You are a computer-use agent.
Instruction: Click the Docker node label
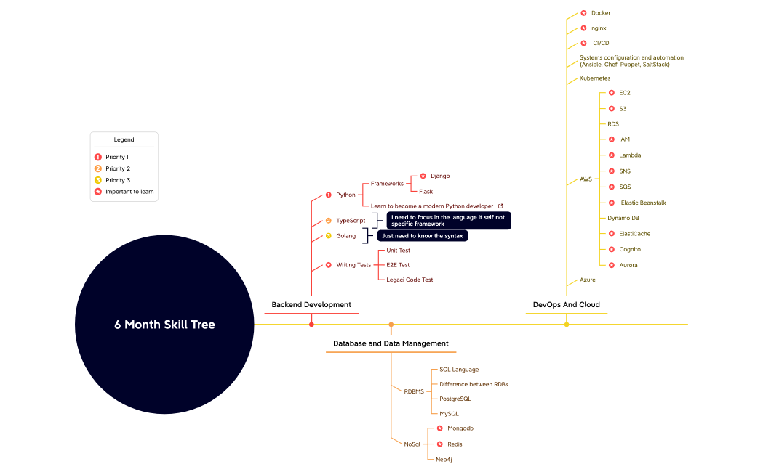[601, 13]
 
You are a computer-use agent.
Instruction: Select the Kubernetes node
[595, 78]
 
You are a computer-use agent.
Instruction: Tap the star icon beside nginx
[583, 28]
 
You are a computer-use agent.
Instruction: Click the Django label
[440, 176]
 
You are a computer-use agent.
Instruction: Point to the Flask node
[426, 192]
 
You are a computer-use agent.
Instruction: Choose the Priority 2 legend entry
[117, 168]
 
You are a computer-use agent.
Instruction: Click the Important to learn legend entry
[129, 192]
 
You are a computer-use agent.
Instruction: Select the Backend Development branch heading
[311, 305]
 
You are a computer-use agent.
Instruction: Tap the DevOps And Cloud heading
[567, 305]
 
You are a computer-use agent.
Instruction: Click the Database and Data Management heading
[391, 343]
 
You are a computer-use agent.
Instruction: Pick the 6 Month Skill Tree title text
[164, 325]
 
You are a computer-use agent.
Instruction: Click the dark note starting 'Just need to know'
[423, 236]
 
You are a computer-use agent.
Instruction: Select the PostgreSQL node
[455, 399]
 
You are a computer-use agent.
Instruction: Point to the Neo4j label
[444, 459]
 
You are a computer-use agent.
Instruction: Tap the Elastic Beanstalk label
[643, 203]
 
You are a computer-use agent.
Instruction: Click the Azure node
[588, 280]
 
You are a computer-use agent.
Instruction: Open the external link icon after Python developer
[500, 206]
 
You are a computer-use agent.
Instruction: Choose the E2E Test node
[398, 265]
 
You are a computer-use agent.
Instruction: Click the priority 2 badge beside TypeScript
[328, 220]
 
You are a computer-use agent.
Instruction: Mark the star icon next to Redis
[439, 444]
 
